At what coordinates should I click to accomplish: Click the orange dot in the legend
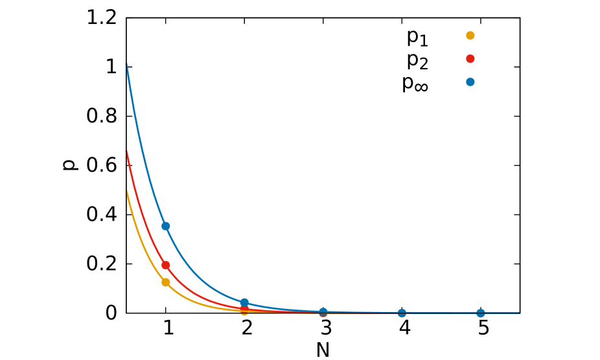(x=470, y=36)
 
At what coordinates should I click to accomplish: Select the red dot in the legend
(x=470, y=59)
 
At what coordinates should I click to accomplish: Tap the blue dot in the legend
(x=470, y=82)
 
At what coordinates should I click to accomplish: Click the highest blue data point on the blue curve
(x=166, y=226)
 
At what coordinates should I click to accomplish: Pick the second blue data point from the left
(x=244, y=302)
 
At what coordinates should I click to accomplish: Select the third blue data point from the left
(x=323, y=312)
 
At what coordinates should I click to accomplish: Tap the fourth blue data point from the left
(x=402, y=313)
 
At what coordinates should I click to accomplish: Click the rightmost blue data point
(x=480, y=313)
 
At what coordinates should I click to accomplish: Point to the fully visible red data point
(x=166, y=265)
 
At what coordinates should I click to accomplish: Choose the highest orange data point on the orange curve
(x=166, y=282)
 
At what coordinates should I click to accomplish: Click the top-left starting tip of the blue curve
(x=126, y=63)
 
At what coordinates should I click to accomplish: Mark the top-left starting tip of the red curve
(x=126, y=151)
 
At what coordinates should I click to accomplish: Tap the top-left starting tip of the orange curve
(x=126, y=190)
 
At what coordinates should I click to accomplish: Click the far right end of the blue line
(x=519, y=313)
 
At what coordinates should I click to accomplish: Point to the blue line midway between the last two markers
(x=441, y=313)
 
